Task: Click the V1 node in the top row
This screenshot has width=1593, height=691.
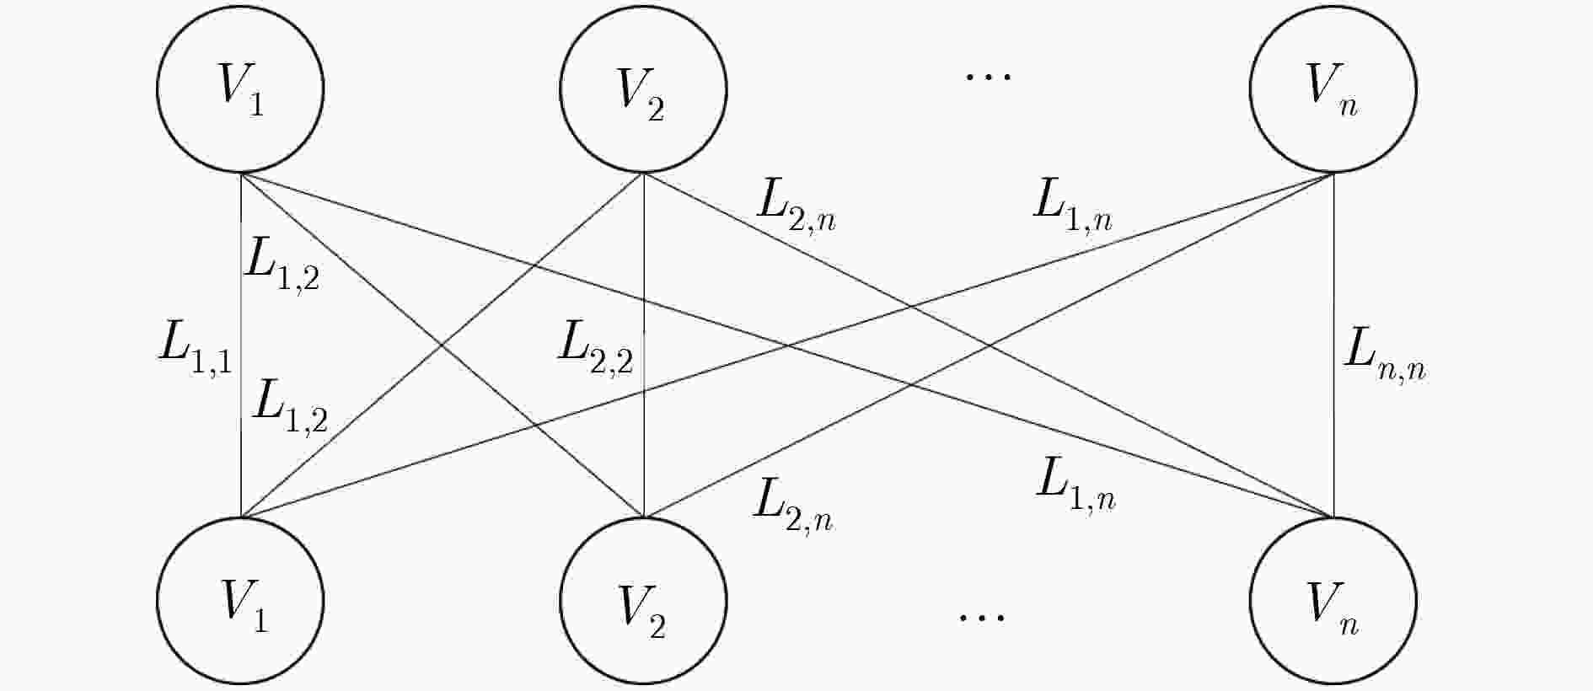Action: click(x=240, y=89)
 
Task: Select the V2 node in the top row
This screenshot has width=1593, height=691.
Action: click(x=644, y=89)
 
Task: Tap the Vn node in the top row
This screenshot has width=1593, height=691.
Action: click(x=1333, y=89)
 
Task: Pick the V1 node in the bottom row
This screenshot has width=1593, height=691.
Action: click(x=240, y=601)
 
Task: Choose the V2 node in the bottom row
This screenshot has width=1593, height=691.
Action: click(x=644, y=601)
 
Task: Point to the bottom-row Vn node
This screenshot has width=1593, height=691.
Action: click(x=1333, y=601)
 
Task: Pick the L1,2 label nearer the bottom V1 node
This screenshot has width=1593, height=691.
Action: click(x=291, y=405)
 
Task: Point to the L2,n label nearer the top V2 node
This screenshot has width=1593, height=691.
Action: click(x=796, y=206)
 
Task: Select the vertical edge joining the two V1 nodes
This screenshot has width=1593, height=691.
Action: click(x=241, y=345)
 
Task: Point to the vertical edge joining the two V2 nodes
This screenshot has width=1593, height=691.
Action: click(x=644, y=345)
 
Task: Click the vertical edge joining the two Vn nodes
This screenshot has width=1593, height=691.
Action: click(x=1333, y=345)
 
